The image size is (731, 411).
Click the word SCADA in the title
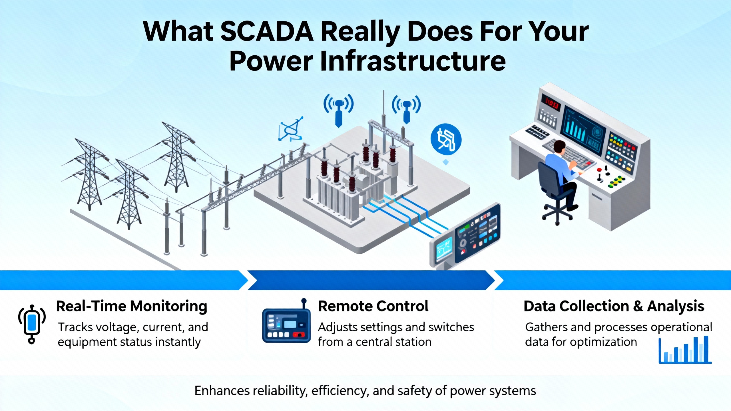tap(267, 31)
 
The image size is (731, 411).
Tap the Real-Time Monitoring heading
tap(132, 307)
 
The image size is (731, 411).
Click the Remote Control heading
tap(373, 306)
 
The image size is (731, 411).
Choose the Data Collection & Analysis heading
tap(614, 306)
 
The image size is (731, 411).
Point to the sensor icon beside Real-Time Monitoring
tap(32, 324)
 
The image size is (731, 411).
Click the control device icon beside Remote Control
tap(286, 323)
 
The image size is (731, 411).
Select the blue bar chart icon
tap(685, 350)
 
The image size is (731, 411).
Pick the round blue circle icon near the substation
tap(446, 140)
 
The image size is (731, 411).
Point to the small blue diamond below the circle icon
tap(446, 162)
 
